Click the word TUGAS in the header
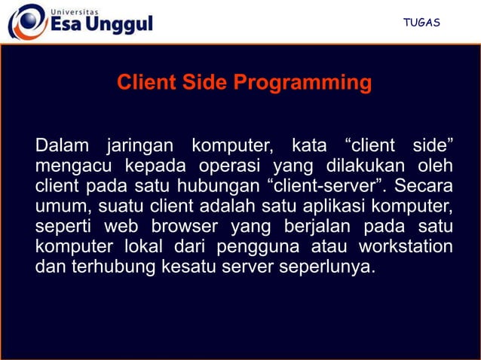click(x=421, y=23)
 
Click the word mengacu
click(x=69, y=165)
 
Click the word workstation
click(x=406, y=246)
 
